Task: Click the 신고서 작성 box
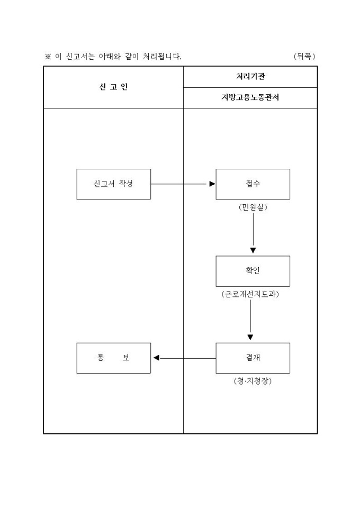point(113,184)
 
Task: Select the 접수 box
point(253,184)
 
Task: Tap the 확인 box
point(253,271)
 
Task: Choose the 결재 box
point(253,358)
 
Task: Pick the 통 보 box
point(113,358)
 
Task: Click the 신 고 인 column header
point(113,87)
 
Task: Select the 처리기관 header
point(250,76)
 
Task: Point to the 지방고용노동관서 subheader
point(250,98)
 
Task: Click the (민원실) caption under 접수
point(253,207)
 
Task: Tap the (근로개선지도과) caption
point(250,294)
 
